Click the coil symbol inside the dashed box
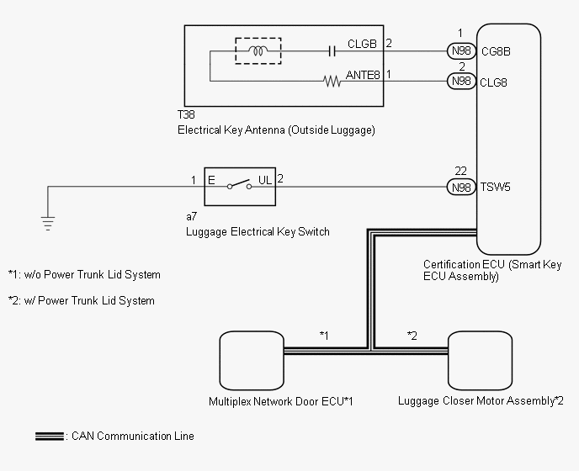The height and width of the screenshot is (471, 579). click(258, 51)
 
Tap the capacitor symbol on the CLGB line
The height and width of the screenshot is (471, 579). click(332, 51)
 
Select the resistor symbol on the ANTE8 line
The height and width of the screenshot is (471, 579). click(332, 82)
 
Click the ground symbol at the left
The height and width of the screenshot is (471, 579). click(48, 224)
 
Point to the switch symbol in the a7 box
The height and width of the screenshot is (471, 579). click(239, 184)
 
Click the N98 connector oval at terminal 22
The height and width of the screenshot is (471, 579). click(461, 188)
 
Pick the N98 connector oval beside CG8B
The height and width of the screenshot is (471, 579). click(461, 50)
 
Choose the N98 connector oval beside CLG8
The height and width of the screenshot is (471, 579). click(461, 81)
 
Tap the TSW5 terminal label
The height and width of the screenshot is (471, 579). click(495, 188)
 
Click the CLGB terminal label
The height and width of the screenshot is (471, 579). click(362, 44)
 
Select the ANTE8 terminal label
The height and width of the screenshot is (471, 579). click(363, 75)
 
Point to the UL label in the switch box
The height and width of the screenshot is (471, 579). click(265, 180)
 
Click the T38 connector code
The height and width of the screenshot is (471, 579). click(186, 114)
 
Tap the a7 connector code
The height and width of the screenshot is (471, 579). click(191, 216)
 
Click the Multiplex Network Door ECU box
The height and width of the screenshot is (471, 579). click(252, 361)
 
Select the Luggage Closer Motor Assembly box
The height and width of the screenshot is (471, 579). click(480, 361)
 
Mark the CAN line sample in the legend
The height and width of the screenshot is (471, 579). click(50, 436)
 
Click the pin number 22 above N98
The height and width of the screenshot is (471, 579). click(461, 171)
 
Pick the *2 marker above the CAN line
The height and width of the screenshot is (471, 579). click(412, 336)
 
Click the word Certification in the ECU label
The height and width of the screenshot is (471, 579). click(448, 264)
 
